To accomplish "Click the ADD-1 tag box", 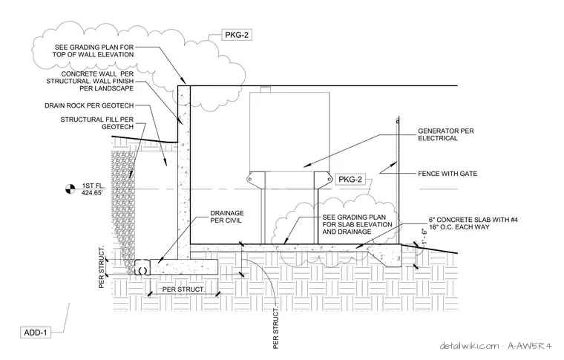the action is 36,333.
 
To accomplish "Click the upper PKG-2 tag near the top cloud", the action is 236,35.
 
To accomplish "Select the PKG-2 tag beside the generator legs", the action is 350,179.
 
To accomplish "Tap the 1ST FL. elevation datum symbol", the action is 70,189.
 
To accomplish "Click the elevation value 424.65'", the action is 92,193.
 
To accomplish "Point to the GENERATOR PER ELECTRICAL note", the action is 446,134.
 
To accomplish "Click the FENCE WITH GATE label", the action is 447,174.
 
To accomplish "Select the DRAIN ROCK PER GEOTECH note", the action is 89,105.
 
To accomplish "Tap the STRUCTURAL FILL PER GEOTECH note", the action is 96,123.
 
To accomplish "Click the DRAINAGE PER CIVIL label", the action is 226,217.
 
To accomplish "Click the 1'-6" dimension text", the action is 424,238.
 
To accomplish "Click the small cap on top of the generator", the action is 265,90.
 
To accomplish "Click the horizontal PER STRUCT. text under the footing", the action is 183,289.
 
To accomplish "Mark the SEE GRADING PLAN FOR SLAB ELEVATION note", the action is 357,224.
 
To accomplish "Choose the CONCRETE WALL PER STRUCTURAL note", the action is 90,82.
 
